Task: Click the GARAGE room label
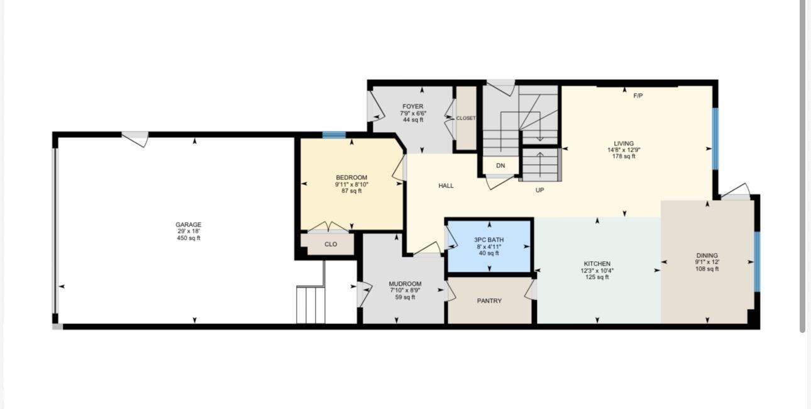pos(188,225)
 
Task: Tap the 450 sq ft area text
pos(188,238)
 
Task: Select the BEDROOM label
pos(351,177)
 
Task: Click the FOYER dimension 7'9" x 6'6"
pos(413,113)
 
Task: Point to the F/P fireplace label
pos(638,96)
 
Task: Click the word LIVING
pos(624,143)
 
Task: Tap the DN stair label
pos(500,165)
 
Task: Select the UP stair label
pos(540,190)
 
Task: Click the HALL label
pos(446,186)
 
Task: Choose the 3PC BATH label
pos(488,240)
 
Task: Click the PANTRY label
pos(489,301)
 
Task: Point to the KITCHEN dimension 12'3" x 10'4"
pos(597,271)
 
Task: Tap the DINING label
pos(707,255)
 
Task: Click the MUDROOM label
pos(405,284)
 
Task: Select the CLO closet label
pos(331,244)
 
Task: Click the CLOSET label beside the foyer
pos(466,118)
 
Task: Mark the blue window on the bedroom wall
pos(334,135)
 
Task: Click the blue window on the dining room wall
pos(757,262)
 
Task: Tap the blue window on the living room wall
pos(715,139)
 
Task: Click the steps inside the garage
pos(311,305)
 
